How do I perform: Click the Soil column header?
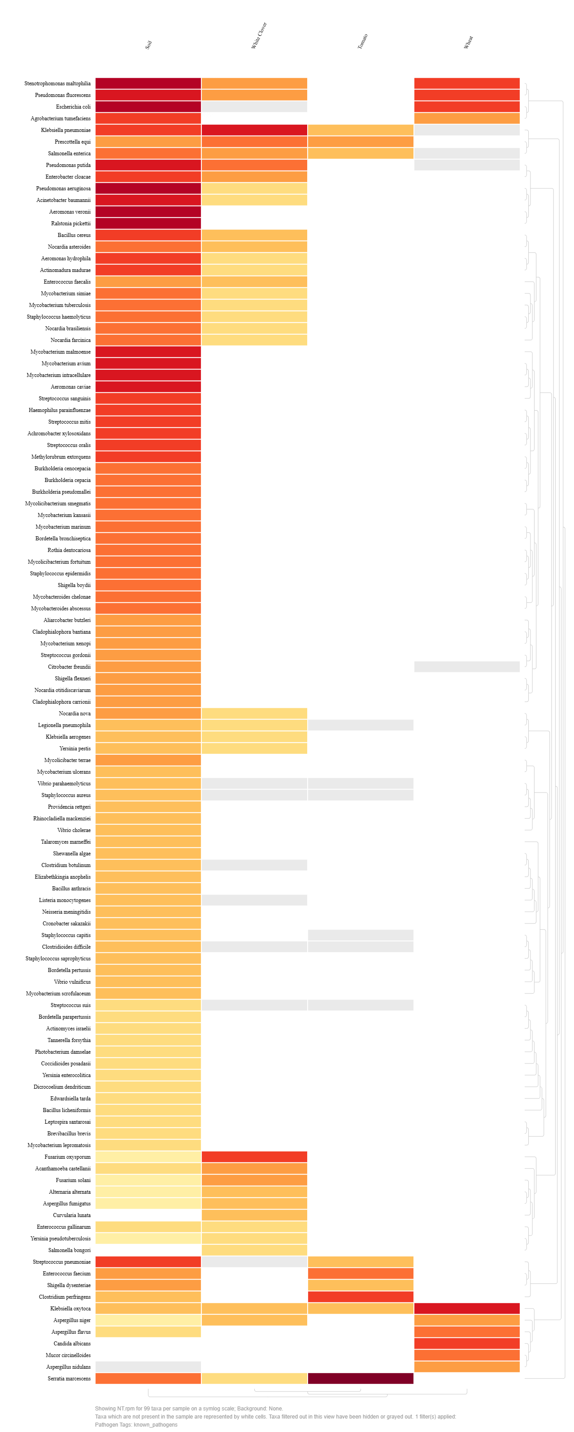tap(148, 44)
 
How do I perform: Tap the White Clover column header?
tap(259, 35)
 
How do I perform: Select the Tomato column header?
tap(362, 42)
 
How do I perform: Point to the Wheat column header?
tap(469, 42)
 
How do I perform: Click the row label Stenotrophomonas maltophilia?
tap(57, 83)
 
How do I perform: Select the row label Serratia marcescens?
tap(69, 1378)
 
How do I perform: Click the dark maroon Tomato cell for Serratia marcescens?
tap(361, 1378)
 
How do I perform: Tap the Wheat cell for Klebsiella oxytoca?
tap(467, 1308)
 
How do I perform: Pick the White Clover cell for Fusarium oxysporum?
tap(255, 1156)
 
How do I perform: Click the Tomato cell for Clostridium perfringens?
tap(361, 1296)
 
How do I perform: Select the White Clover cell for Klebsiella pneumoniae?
tap(255, 130)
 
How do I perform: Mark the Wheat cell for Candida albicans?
tap(467, 1343)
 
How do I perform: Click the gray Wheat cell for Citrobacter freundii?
tap(467, 666)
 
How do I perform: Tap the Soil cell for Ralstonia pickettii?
tap(148, 223)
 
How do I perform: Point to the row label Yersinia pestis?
tap(75, 748)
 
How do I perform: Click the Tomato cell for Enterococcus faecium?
tap(361, 1273)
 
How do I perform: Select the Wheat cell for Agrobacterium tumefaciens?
tap(467, 118)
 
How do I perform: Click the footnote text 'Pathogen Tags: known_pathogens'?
tap(136, 1424)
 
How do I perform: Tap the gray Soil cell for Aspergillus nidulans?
tap(148, 1366)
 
